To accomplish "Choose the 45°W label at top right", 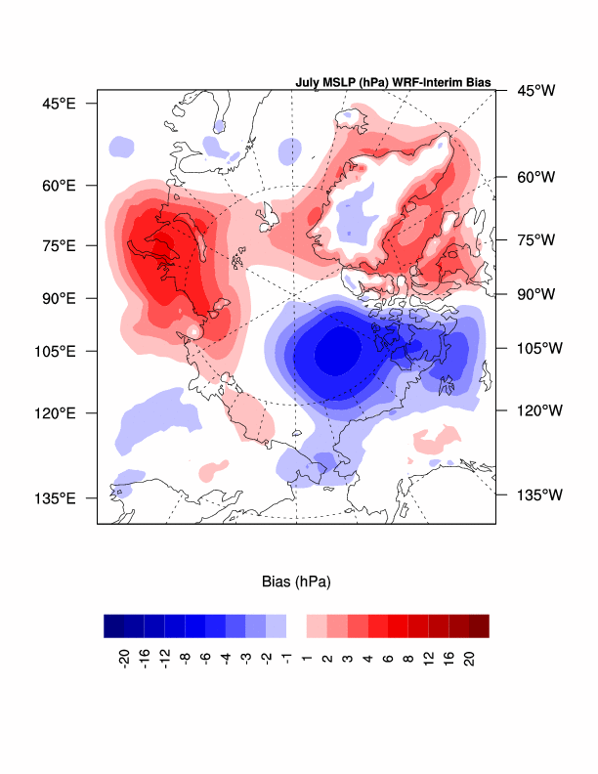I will (534, 91).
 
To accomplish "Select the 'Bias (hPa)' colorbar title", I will (296, 581).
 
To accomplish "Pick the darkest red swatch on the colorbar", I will (479, 625).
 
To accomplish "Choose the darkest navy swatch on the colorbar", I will (113, 625).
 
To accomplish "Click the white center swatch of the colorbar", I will (296, 625).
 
